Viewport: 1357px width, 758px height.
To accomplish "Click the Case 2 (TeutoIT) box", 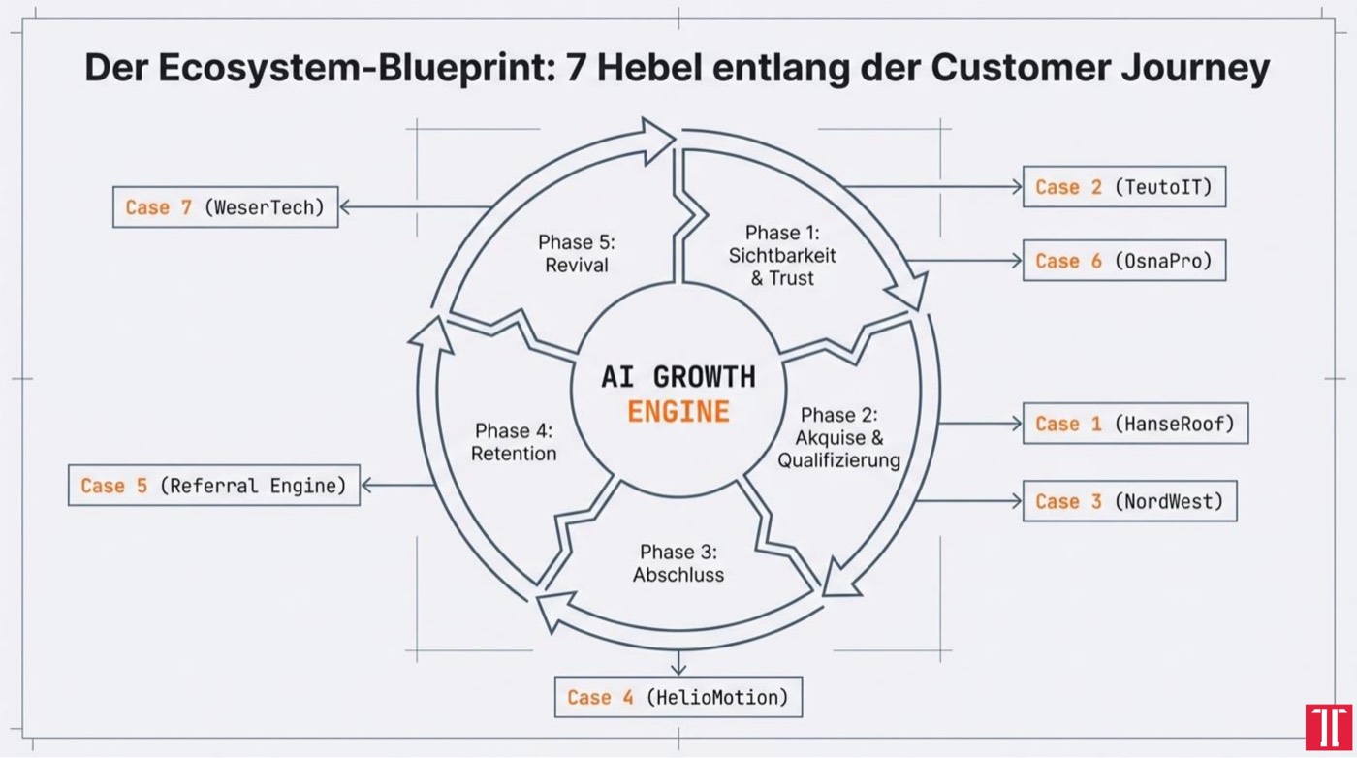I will pos(1123,186).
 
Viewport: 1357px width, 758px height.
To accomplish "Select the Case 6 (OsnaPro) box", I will pos(1123,261).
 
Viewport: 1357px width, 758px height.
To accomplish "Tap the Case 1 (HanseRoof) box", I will pos(1135,424).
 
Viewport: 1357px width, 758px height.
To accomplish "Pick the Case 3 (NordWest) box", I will pos(1129,501).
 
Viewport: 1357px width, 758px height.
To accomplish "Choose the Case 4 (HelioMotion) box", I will pos(678,697).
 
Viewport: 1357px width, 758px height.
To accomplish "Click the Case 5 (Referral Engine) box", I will pos(213,485).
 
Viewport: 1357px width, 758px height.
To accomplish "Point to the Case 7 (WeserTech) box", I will pos(225,206).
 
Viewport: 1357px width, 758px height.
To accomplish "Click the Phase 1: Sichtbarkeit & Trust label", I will pos(782,256).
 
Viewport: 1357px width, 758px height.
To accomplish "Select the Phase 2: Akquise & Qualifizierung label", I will pos(839,438).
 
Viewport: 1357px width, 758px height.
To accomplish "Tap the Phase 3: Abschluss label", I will pos(678,563).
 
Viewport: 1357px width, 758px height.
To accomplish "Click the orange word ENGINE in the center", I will pos(678,411).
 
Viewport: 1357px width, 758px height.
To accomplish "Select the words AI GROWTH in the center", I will pos(678,376).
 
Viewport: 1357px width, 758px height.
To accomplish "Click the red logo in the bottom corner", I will pos(1328,727).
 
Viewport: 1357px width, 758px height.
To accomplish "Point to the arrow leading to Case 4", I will pos(678,662).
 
